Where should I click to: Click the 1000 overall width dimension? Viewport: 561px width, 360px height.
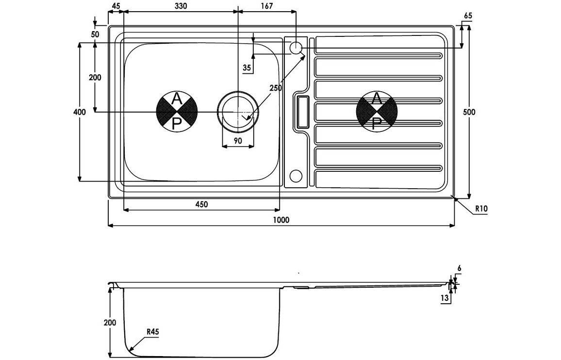(x=280, y=220)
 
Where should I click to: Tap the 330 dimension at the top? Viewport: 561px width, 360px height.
(x=180, y=6)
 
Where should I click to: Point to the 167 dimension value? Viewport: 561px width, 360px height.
(x=266, y=6)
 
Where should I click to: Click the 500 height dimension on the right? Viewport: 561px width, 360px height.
(x=469, y=112)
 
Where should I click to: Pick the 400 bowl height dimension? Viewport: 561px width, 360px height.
(x=80, y=112)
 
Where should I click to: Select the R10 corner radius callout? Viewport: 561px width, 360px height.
(x=480, y=209)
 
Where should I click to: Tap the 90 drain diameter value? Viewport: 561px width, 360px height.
(x=238, y=141)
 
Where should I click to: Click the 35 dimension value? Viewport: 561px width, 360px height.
(x=247, y=68)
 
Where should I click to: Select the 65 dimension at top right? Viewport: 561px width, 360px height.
(x=468, y=16)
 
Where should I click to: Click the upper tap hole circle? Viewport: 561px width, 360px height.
(x=296, y=48)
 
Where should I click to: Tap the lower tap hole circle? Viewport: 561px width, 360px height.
(x=296, y=175)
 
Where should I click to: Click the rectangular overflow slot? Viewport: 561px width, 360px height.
(x=301, y=112)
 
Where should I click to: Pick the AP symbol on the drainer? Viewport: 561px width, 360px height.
(x=377, y=112)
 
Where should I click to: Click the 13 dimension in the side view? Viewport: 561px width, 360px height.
(x=445, y=298)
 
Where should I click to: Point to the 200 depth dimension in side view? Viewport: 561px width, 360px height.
(x=110, y=322)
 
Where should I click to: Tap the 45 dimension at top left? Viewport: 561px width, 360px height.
(x=115, y=6)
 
